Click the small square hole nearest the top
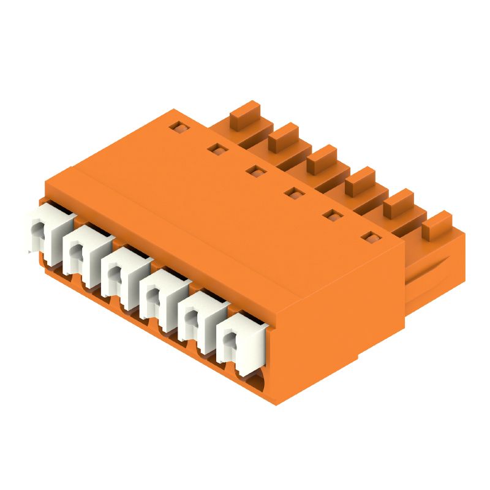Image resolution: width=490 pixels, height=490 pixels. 178,127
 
